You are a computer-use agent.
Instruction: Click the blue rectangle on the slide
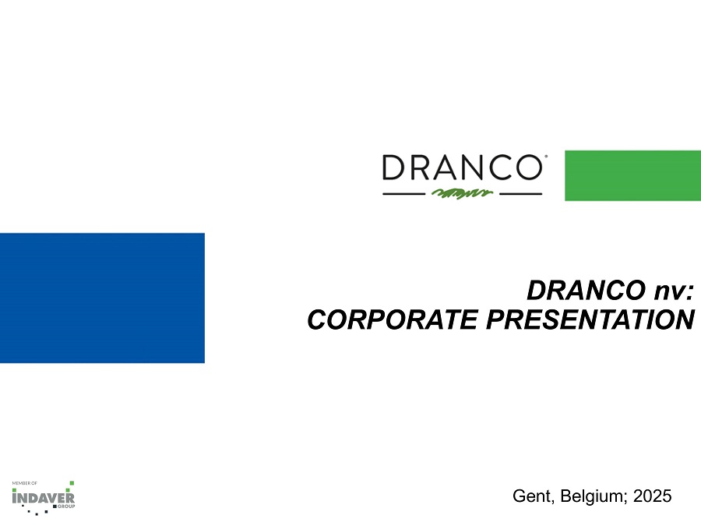102,298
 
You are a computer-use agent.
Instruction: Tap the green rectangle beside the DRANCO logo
633,176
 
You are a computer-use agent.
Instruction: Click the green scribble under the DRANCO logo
462,193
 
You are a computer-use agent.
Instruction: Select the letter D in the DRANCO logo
393,168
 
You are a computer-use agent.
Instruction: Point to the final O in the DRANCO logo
530,168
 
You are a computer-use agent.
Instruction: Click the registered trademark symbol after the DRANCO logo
546,156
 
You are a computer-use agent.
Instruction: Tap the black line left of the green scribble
403,194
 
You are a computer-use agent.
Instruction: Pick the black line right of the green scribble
521,194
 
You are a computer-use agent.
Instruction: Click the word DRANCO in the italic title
587,291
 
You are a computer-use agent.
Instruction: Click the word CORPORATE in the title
393,319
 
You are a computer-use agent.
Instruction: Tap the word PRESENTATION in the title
590,319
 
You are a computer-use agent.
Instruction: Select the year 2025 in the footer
652,496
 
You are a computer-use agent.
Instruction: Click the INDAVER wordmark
44,498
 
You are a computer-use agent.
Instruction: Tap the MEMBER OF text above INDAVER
25,483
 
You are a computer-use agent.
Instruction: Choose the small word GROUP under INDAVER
66,507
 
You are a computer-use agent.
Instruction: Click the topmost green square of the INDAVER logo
72,483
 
